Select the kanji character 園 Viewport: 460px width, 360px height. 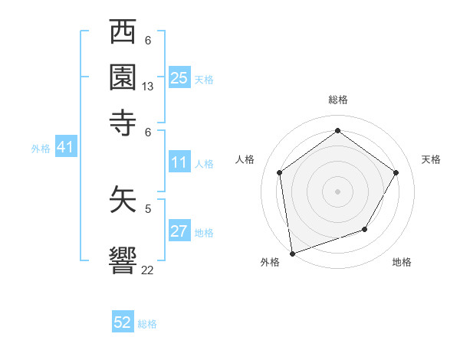(x=123, y=76)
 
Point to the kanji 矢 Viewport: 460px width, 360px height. (x=123, y=200)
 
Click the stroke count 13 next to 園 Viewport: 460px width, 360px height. (x=148, y=87)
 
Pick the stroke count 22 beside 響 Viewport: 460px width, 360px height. (x=148, y=270)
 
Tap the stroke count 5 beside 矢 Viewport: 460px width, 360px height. (x=148, y=208)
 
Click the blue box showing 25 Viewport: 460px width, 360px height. (x=179, y=77)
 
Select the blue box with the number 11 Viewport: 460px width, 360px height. (x=179, y=162)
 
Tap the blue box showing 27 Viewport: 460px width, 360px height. (x=179, y=231)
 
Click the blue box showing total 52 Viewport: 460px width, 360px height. (x=123, y=322)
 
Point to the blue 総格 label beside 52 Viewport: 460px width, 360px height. (x=147, y=324)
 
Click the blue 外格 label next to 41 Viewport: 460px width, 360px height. (x=41, y=149)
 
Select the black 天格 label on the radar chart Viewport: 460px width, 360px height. (x=431, y=159)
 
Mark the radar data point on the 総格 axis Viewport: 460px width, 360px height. (x=337, y=131)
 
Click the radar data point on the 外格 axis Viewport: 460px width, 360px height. (x=292, y=253)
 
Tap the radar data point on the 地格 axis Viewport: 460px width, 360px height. (x=365, y=229)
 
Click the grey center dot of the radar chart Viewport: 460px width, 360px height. (x=337, y=191)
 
